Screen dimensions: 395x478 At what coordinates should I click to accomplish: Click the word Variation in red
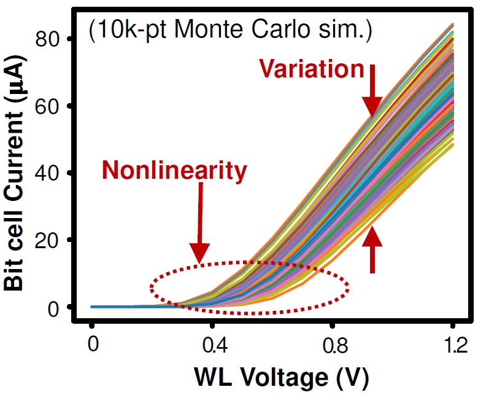click(x=312, y=69)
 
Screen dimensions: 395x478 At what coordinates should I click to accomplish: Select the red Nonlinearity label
click(x=174, y=170)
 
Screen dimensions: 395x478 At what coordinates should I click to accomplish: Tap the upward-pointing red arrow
click(x=372, y=249)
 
